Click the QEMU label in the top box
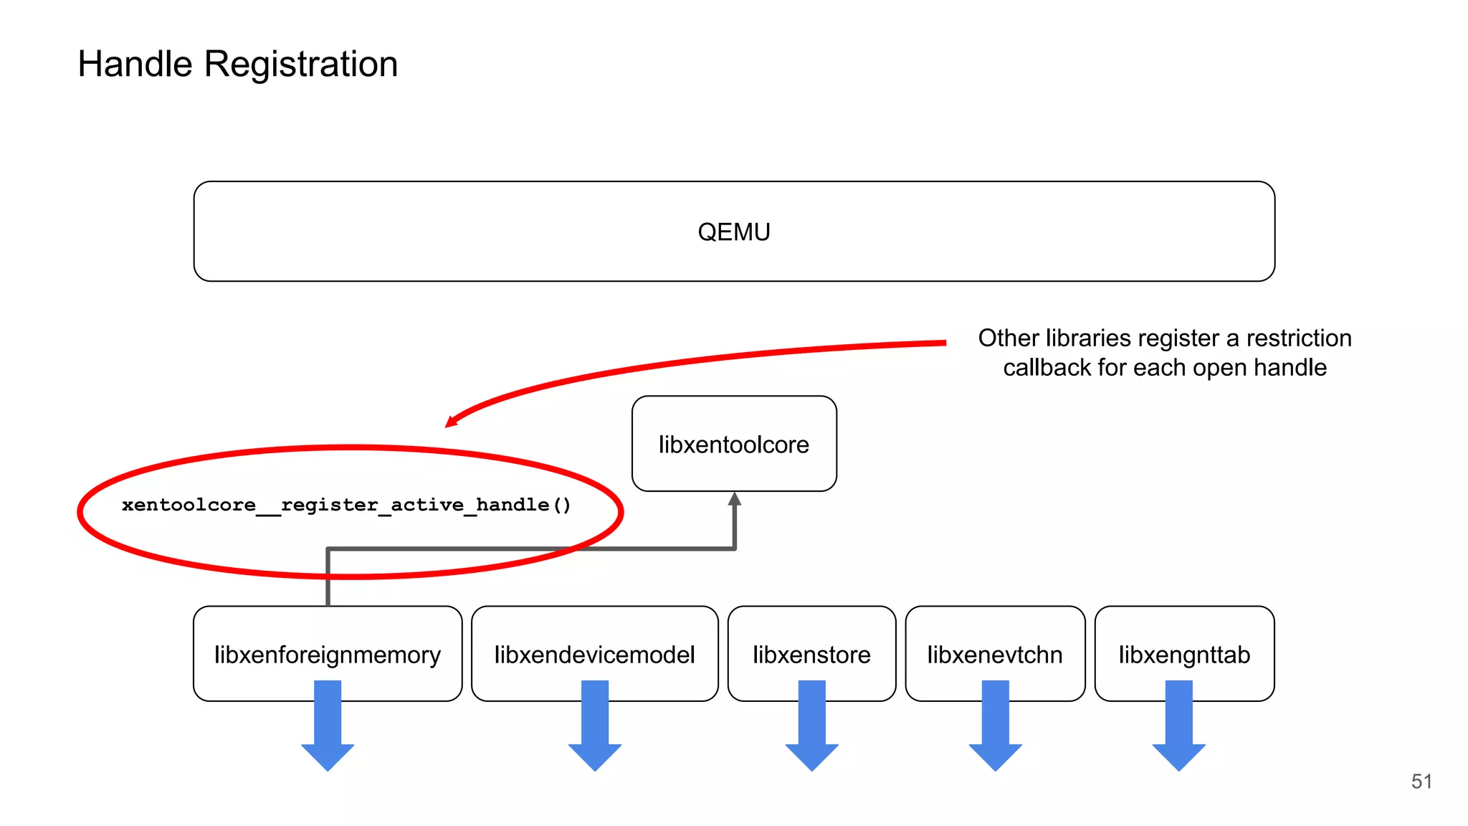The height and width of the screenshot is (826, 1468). (x=733, y=232)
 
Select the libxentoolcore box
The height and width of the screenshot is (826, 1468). (x=733, y=444)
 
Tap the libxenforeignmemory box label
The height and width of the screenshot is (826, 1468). (x=327, y=655)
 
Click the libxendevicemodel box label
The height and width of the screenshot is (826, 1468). (x=594, y=655)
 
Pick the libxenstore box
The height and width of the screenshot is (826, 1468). (x=811, y=655)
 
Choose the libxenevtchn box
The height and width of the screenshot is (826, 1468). (x=994, y=655)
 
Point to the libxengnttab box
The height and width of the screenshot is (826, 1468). (x=1184, y=655)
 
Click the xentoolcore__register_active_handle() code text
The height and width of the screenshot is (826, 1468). (x=346, y=505)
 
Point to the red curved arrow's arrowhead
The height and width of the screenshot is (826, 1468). (x=452, y=421)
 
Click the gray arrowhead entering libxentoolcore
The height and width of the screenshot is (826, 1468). (x=734, y=499)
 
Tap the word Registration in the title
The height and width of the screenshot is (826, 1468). (x=301, y=64)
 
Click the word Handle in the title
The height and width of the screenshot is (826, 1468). (x=135, y=64)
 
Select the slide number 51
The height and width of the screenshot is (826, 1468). (x=1421, y=781)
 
